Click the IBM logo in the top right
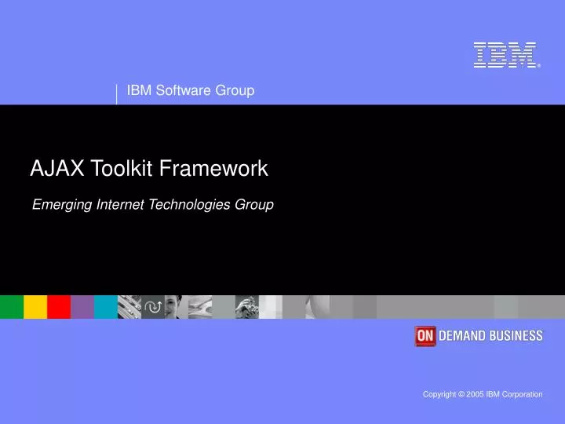coord(505,55)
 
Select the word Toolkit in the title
coord(122,168)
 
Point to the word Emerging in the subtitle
coord(62,205)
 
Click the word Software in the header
coord(182,90)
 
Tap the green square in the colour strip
coord(12,306)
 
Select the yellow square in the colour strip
coord(35,306)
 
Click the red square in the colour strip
coord(59,306)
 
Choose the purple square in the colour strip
coord(82,306)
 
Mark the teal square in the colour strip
coord(106,306)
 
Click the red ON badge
coord(425,336)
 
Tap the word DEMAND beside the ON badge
coord(464,336)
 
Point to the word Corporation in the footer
coord(521,394)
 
